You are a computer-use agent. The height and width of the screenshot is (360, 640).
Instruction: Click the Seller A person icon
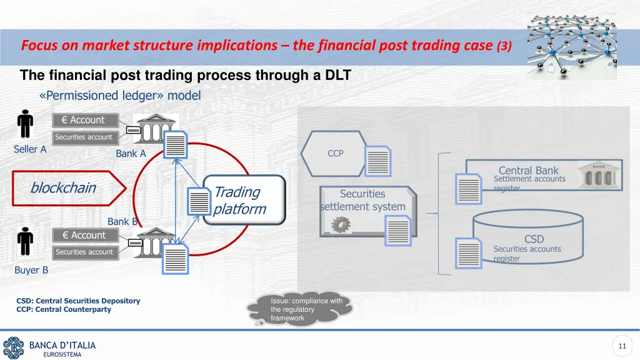pos(25,125)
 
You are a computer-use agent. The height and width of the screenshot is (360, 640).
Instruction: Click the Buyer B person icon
pos(25,241)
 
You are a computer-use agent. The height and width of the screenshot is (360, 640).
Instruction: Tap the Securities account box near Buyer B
pos(84,252)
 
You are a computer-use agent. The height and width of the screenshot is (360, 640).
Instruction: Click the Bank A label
pos(131,154)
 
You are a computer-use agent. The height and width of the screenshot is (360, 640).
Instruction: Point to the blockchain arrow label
pos(63,187)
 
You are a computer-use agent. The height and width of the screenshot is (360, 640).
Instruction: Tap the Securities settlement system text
pos(362,200)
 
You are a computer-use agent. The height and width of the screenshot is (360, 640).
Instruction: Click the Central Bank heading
pos(528,170)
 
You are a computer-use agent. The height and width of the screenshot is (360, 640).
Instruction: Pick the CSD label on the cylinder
pos(534,239)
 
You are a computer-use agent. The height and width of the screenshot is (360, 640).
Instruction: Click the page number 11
pos(621,346)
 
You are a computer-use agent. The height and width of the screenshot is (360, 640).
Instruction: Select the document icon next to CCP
pos(379,161)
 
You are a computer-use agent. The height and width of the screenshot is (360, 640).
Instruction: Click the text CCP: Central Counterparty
pos(64,309)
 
